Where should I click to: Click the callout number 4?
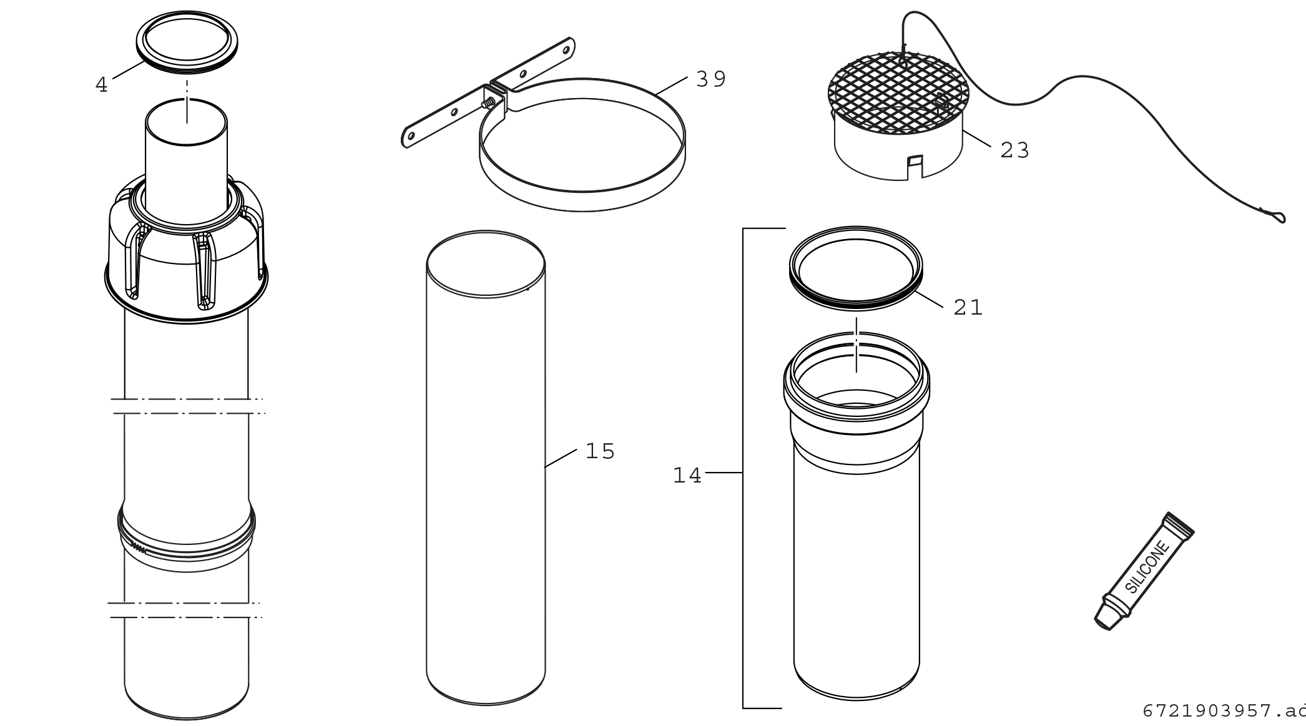102,85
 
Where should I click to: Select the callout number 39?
711,79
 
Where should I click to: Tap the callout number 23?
1014,150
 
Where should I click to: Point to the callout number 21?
968,307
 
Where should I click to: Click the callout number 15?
600,451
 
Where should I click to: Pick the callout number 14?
687,476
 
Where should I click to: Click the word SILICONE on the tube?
1147,567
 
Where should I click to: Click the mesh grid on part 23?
898,94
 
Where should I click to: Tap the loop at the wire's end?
1275,216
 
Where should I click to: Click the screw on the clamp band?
489,102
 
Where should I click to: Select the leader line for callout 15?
560,458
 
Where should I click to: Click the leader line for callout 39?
672,86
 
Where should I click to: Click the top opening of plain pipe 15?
486,264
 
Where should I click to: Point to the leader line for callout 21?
930,298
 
